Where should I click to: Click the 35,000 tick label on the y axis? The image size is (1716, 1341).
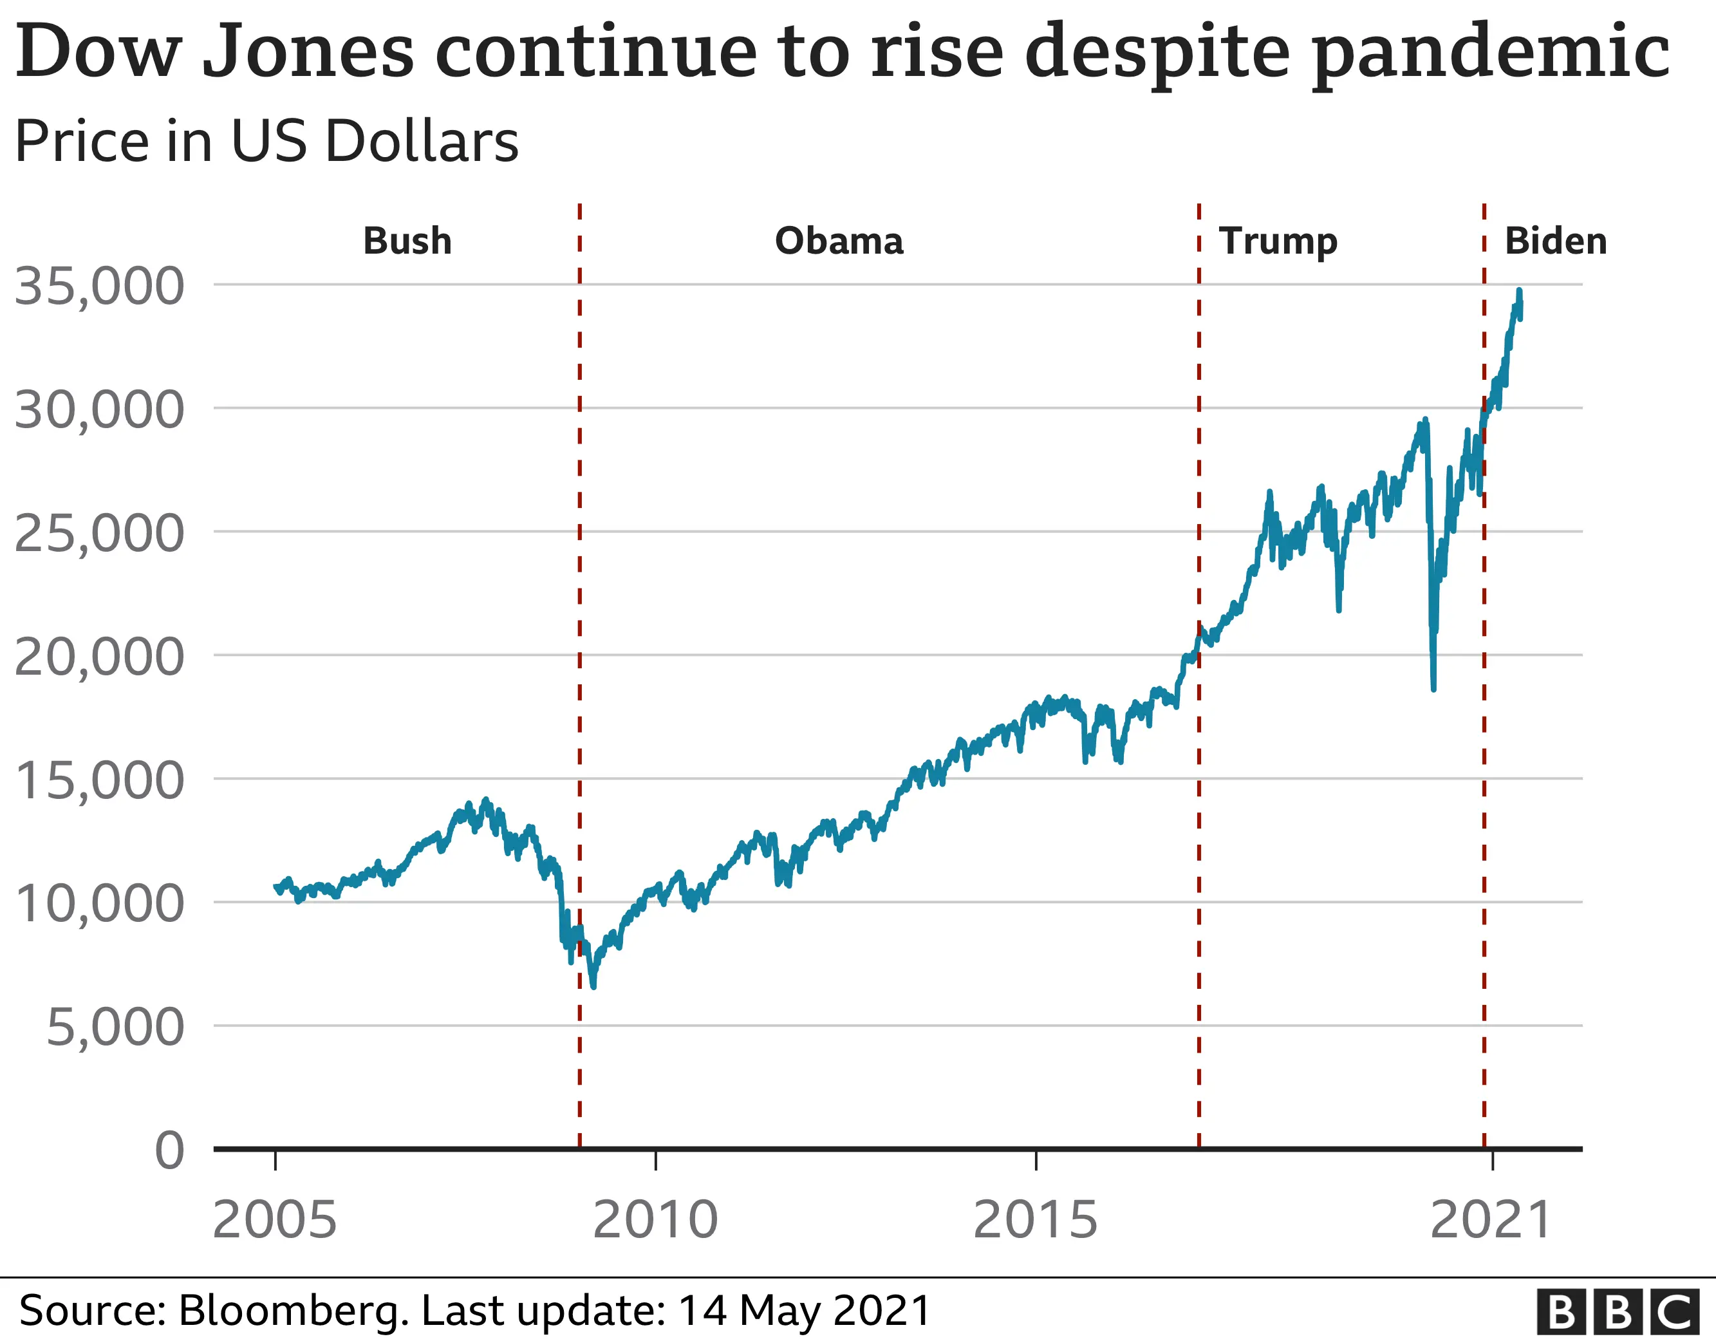click(99, 286)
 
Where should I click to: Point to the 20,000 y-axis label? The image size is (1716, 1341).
click(99, 657)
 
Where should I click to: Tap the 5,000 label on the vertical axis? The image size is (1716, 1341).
click(115, 1027)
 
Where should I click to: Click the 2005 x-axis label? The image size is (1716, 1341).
click(274, 1221)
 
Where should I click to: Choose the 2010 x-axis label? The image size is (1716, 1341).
click(655, 1221)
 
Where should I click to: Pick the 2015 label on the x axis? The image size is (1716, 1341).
click(1035, 1221)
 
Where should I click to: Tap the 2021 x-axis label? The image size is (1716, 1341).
click(1491, 1221)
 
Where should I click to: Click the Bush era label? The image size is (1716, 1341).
click(407, 241)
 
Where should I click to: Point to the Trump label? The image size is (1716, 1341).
click(1278, 241)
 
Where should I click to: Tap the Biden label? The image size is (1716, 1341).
click(1555, 241)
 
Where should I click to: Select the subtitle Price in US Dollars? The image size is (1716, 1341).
click(266, 142)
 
